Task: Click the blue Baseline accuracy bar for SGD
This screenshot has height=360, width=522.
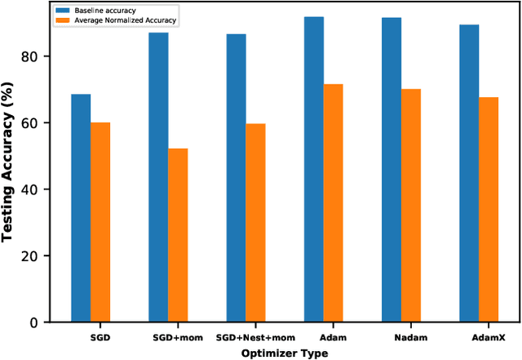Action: (81, 208)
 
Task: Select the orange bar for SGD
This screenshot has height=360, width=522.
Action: (100, 222)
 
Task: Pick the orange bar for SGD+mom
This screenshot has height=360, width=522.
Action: (178, 235)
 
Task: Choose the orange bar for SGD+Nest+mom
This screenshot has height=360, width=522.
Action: (255, 223)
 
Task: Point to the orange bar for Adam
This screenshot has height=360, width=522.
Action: (333, 203)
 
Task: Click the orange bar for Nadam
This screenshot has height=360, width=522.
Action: (410, 206)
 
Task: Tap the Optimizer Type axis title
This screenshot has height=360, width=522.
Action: (285, 352)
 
